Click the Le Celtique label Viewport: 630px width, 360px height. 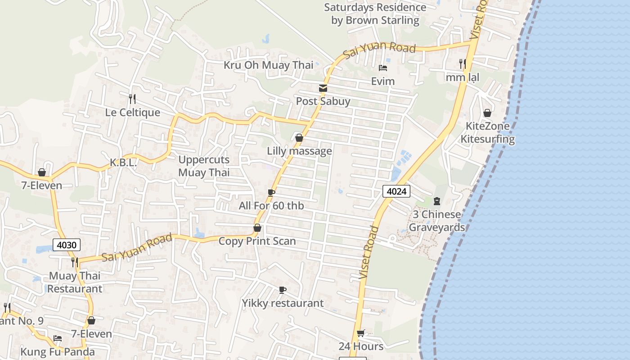[x=132, y=112]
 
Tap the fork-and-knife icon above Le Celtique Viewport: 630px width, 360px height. [x=132, y=98]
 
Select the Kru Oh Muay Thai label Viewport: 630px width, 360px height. [x=268, y=65]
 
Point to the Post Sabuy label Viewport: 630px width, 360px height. [x=323, y=101]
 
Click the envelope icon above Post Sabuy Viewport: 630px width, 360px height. [x=323, y=88]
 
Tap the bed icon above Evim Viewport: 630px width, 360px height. [x=383, y=68]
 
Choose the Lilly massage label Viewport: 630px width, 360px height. [x=299, y=151]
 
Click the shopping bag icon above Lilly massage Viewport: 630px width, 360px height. [x=299, y=138]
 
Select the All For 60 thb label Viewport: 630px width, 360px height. [x=271, y=206]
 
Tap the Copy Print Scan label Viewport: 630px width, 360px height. [x=257, y=241]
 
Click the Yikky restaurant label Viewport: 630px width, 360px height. [x=283, y=303]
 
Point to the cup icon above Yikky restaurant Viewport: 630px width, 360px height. [x=283, y=290]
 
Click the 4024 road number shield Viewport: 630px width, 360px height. [x=396, y=191]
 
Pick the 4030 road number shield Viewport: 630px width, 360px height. [x=67, y=245]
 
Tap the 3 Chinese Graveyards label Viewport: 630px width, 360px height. [x=436, y=221]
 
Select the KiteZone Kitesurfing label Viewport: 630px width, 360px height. [x=487, y=132]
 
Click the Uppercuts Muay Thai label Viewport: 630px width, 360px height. [x=204, y=166]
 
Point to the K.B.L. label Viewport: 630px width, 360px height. [x=123, y=163]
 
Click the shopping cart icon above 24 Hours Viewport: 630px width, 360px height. [x=360, y=333]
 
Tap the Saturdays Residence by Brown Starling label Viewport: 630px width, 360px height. [x=375, y=14]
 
